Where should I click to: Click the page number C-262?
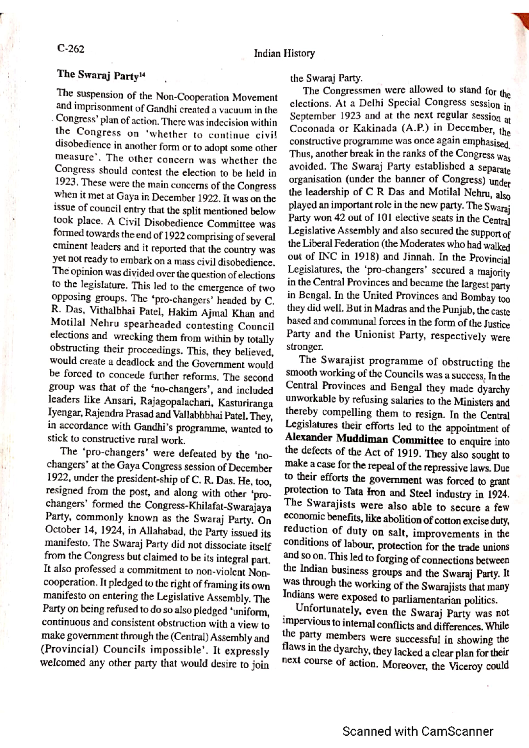pyautogui.click(x=71, y=49)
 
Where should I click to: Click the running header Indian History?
pyautogui.click(x=284, y=54)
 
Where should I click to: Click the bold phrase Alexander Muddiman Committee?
pyautogui.click(x=364, y=440)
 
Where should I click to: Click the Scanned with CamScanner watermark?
pyautogui.click(x=417, y=732)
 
